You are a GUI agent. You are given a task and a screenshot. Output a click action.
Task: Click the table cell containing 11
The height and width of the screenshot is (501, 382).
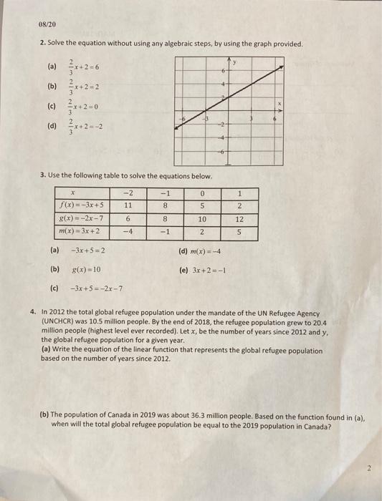tap(128, 203)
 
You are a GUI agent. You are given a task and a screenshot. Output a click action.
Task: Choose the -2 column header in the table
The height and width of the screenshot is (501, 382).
tap(128, 192)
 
